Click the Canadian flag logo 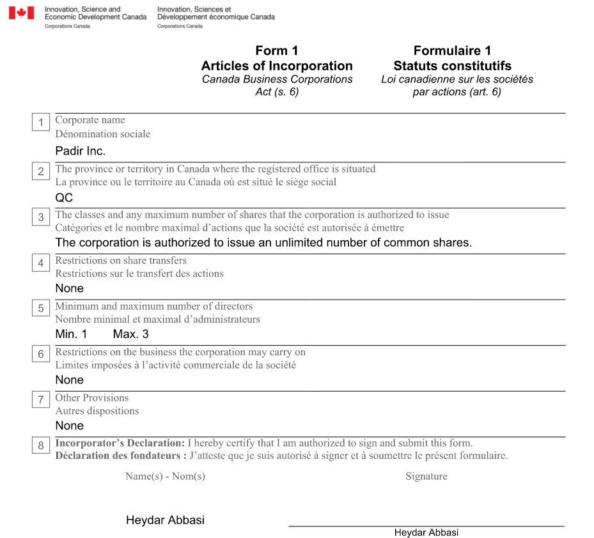point(21,13)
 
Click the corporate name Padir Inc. point(80,151)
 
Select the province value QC point(64,198)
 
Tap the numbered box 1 point(41,122)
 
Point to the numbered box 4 point(41,263)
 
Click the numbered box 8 point(41,445)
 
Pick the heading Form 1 point(277,51)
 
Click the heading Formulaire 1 point(452,51)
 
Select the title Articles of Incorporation point(277,66)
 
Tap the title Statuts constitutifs point(452,66)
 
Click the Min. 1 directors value point(71,334)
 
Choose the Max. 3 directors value point(130,334)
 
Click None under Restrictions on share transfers point(69,288)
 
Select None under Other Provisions point(69,426)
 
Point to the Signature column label point(426,477)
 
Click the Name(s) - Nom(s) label point(165,477)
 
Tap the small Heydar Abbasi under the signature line point(426,533)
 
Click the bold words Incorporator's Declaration point(120,443)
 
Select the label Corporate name point(90,120)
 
